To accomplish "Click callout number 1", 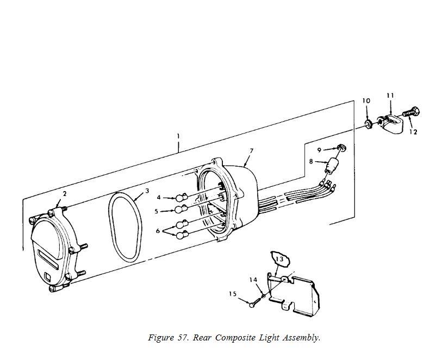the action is click(x=178, y=136).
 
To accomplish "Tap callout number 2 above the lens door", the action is click(x=65, y=194).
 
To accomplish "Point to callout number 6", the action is click(x=158, y=231).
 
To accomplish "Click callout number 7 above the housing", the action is click(x=251, y=151).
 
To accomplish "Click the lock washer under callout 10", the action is click(x=368, y=124).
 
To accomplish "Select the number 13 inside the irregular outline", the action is click(x=279, y=259).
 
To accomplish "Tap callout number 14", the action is click(x=254, y=280).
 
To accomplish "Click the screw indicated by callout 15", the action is click(x=256, y=302).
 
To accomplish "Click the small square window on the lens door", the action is click(x=48, y=276).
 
